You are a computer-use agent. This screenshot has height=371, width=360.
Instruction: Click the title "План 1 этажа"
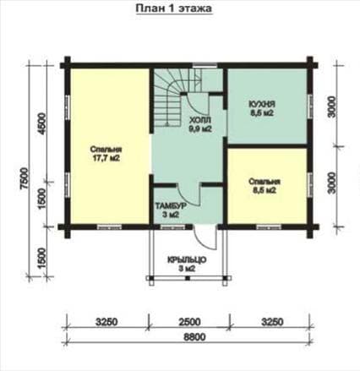(x=174, y=8)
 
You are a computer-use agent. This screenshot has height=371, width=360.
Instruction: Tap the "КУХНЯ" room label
(x=262, y=104)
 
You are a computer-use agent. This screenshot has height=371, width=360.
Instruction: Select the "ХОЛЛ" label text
(x=199, y=121)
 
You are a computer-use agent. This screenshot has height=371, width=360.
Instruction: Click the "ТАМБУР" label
(x=171, y=206)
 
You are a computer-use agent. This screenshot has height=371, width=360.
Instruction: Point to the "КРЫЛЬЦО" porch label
(x=187, y=259)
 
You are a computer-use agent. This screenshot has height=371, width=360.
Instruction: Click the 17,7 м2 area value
(x=106, y=159)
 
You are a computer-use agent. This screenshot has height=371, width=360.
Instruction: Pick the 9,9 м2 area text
(x=200, y=129)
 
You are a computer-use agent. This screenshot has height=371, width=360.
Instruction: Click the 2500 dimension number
(x=188, y=322)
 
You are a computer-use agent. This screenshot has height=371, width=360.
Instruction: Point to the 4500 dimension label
(x=42, y=124)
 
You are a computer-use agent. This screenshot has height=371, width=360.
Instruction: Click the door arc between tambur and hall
(x=187, y=196)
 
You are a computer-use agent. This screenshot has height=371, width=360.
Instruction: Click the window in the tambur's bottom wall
(x=172, y=227)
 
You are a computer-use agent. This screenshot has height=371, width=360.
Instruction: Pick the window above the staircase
(x=205, y=66)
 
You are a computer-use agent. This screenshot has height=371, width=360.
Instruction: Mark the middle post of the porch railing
(x=188, y=278)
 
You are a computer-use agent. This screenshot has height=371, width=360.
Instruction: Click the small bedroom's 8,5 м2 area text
(x=265, y=190)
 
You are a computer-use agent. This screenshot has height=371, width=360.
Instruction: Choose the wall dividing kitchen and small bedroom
(x=267, y=146)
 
